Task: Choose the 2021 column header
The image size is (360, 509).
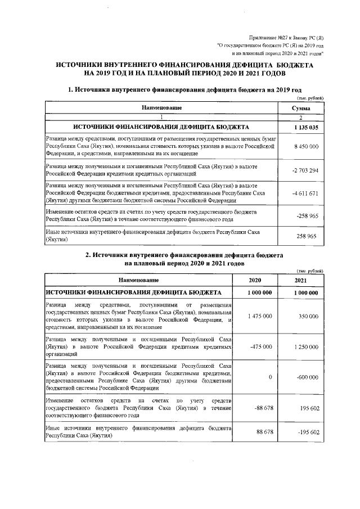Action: pyautogui.click(x=301, y=280)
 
